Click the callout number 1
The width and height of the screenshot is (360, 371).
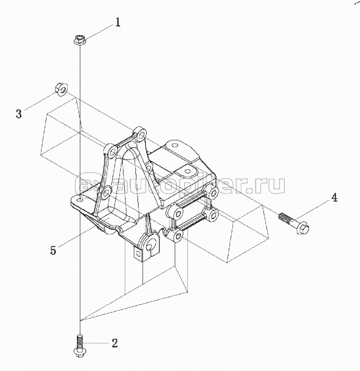click(118, 22)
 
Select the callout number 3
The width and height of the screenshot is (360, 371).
click(19, 114)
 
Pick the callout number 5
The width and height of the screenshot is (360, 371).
click(53, 250)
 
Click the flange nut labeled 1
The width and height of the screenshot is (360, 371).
click(80, 39)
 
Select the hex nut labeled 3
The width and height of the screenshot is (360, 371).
click(59, 90)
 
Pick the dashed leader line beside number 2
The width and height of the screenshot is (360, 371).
click(97, 343)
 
